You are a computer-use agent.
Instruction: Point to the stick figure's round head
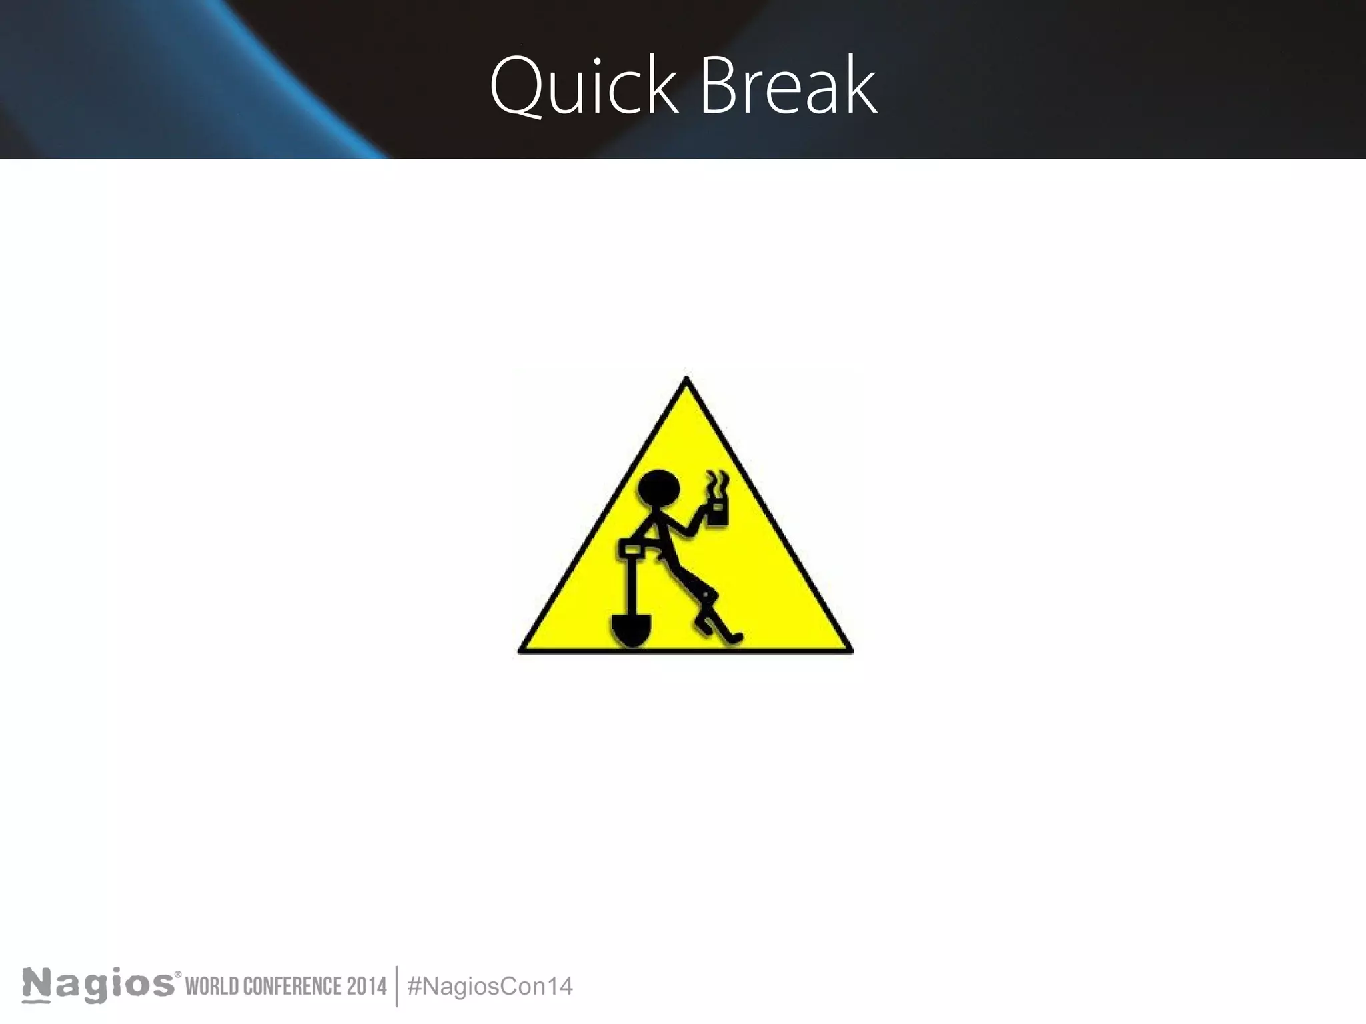659,491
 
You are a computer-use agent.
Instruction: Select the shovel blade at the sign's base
630,629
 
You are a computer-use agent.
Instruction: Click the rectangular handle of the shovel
631,549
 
